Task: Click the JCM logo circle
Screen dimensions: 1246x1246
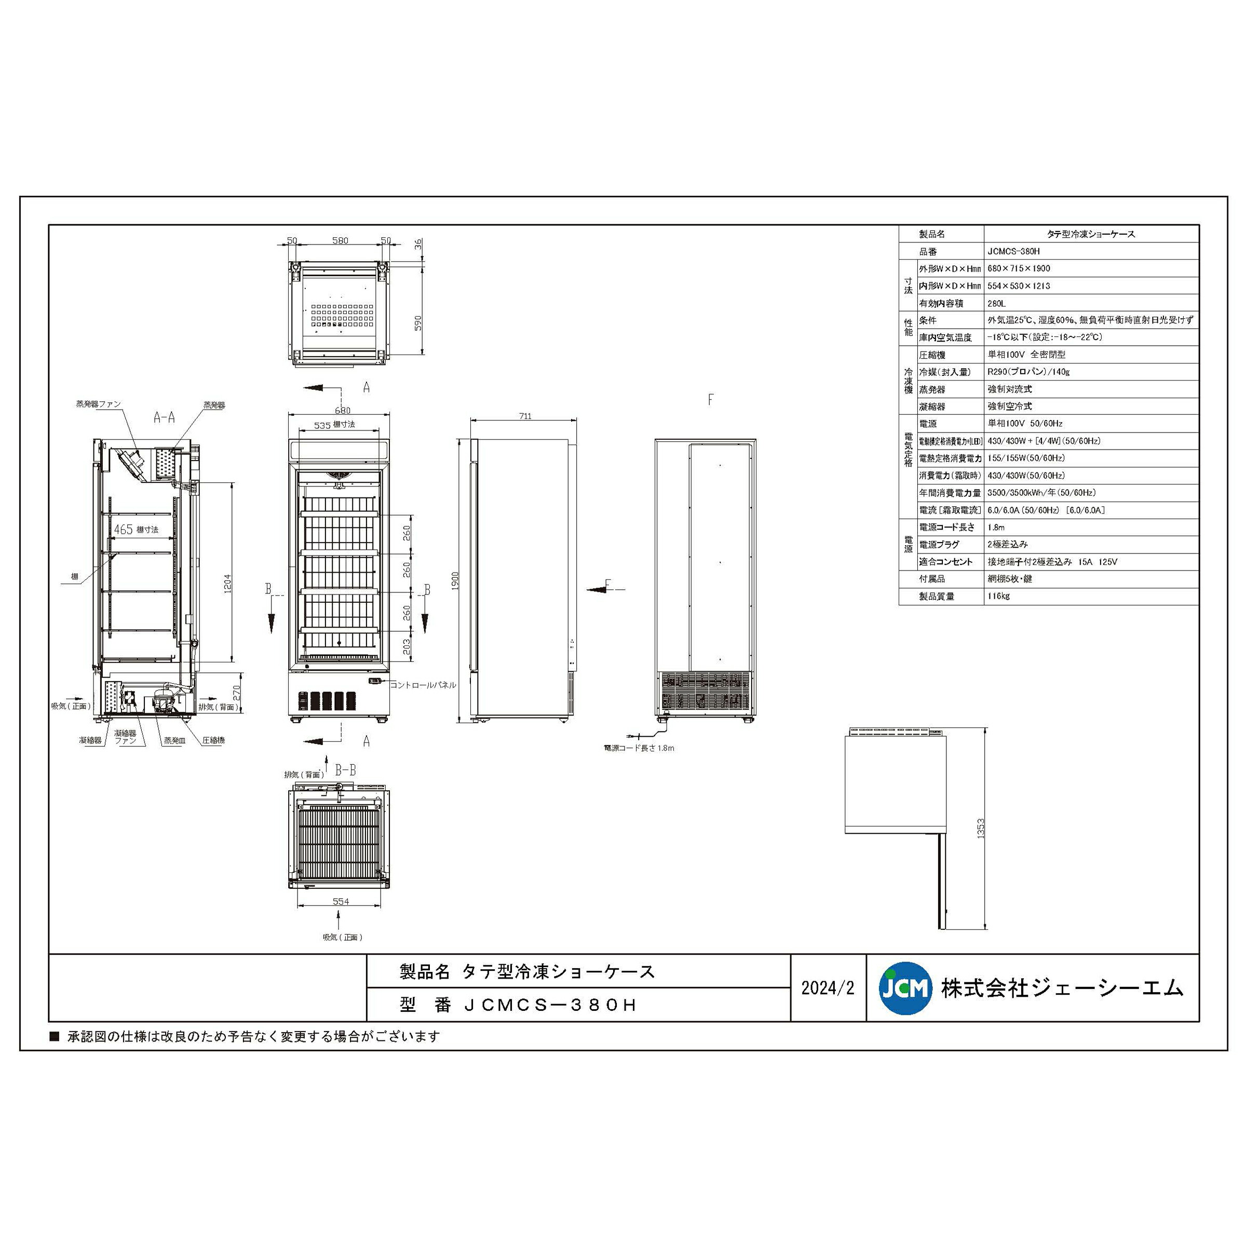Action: click(905, 988)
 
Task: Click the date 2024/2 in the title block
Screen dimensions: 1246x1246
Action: click(828, 988)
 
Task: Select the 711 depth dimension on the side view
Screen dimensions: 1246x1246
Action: click(525, 416)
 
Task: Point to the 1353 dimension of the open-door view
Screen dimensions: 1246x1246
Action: click(980, 828)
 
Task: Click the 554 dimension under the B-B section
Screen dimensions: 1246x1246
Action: click(341, 902)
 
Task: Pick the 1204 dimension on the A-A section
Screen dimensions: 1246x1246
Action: click(227, 583)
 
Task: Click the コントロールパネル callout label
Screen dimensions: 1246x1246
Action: click(423, 685)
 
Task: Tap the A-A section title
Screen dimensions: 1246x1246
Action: click(164, 417)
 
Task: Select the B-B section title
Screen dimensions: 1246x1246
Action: click(345, 769)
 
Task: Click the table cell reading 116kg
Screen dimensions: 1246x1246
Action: click(999, 596)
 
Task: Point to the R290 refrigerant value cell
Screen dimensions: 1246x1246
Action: click(1028, 372)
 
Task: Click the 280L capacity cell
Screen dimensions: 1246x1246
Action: click(996, 303)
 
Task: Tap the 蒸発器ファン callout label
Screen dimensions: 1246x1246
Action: click(98, 404)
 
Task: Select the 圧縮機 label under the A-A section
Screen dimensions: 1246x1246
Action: click(213, 740)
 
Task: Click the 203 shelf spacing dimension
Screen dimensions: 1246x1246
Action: click(407, 647)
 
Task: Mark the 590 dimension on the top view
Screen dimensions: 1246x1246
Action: click(418, 323)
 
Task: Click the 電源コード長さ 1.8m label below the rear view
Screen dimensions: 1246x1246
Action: click(639, 748)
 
